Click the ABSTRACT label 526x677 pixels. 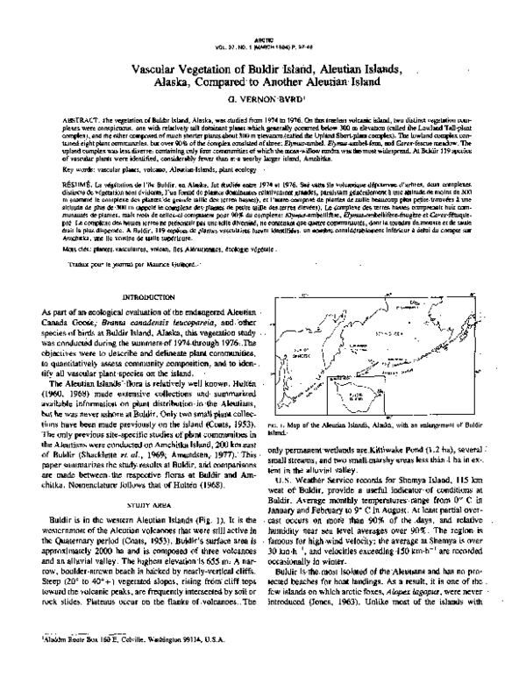58,117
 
